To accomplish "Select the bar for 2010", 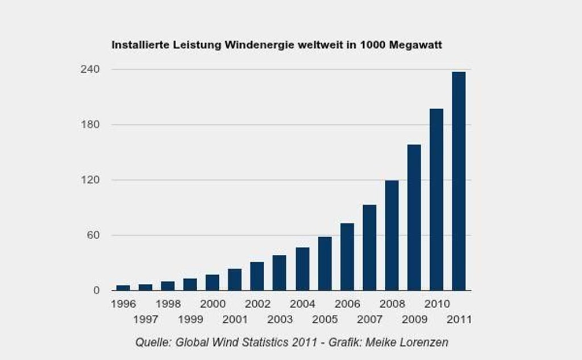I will click(436, 199).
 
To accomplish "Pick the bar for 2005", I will click(325, 263).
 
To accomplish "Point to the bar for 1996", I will click(123, 288).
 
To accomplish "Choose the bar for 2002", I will click(257, 276).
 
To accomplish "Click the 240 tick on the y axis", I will click(92, 69).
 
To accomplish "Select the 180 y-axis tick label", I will click(92, 125).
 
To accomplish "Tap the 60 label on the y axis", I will click(94, 235).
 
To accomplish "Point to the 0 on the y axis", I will click(96, 291).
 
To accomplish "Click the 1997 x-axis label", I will click(145, 320).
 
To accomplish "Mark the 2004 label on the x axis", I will click(302, 304).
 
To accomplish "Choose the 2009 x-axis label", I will click(414, 320).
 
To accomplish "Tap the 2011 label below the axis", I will click(459, 320).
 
